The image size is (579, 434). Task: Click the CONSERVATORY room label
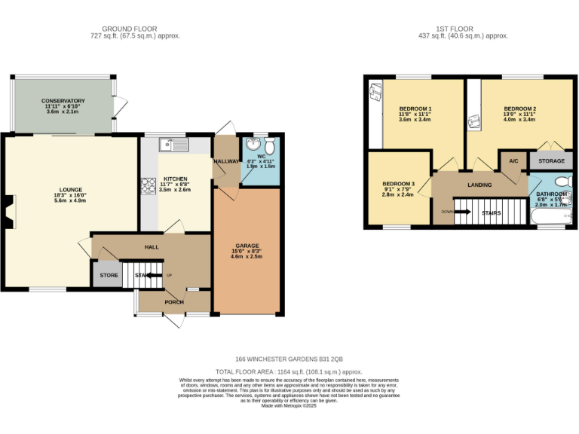coord(63,101)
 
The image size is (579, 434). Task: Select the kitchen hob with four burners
coord(146,185)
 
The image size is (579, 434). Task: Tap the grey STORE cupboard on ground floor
coord(109,276)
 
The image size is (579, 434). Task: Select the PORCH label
coord(174,301)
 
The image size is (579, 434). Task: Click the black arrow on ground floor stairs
coord(155,276)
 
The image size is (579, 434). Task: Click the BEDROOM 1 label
coord(415,108)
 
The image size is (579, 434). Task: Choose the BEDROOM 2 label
coord(519,108)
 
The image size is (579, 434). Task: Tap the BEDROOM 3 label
coord(398,184)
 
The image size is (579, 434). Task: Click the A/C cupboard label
coord(513,161)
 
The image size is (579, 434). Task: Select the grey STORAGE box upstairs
coord(550,160)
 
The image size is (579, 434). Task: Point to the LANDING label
coord(479,185)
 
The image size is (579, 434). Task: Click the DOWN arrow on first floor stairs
coord(456,212)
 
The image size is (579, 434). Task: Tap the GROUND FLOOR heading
coord(135,29)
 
